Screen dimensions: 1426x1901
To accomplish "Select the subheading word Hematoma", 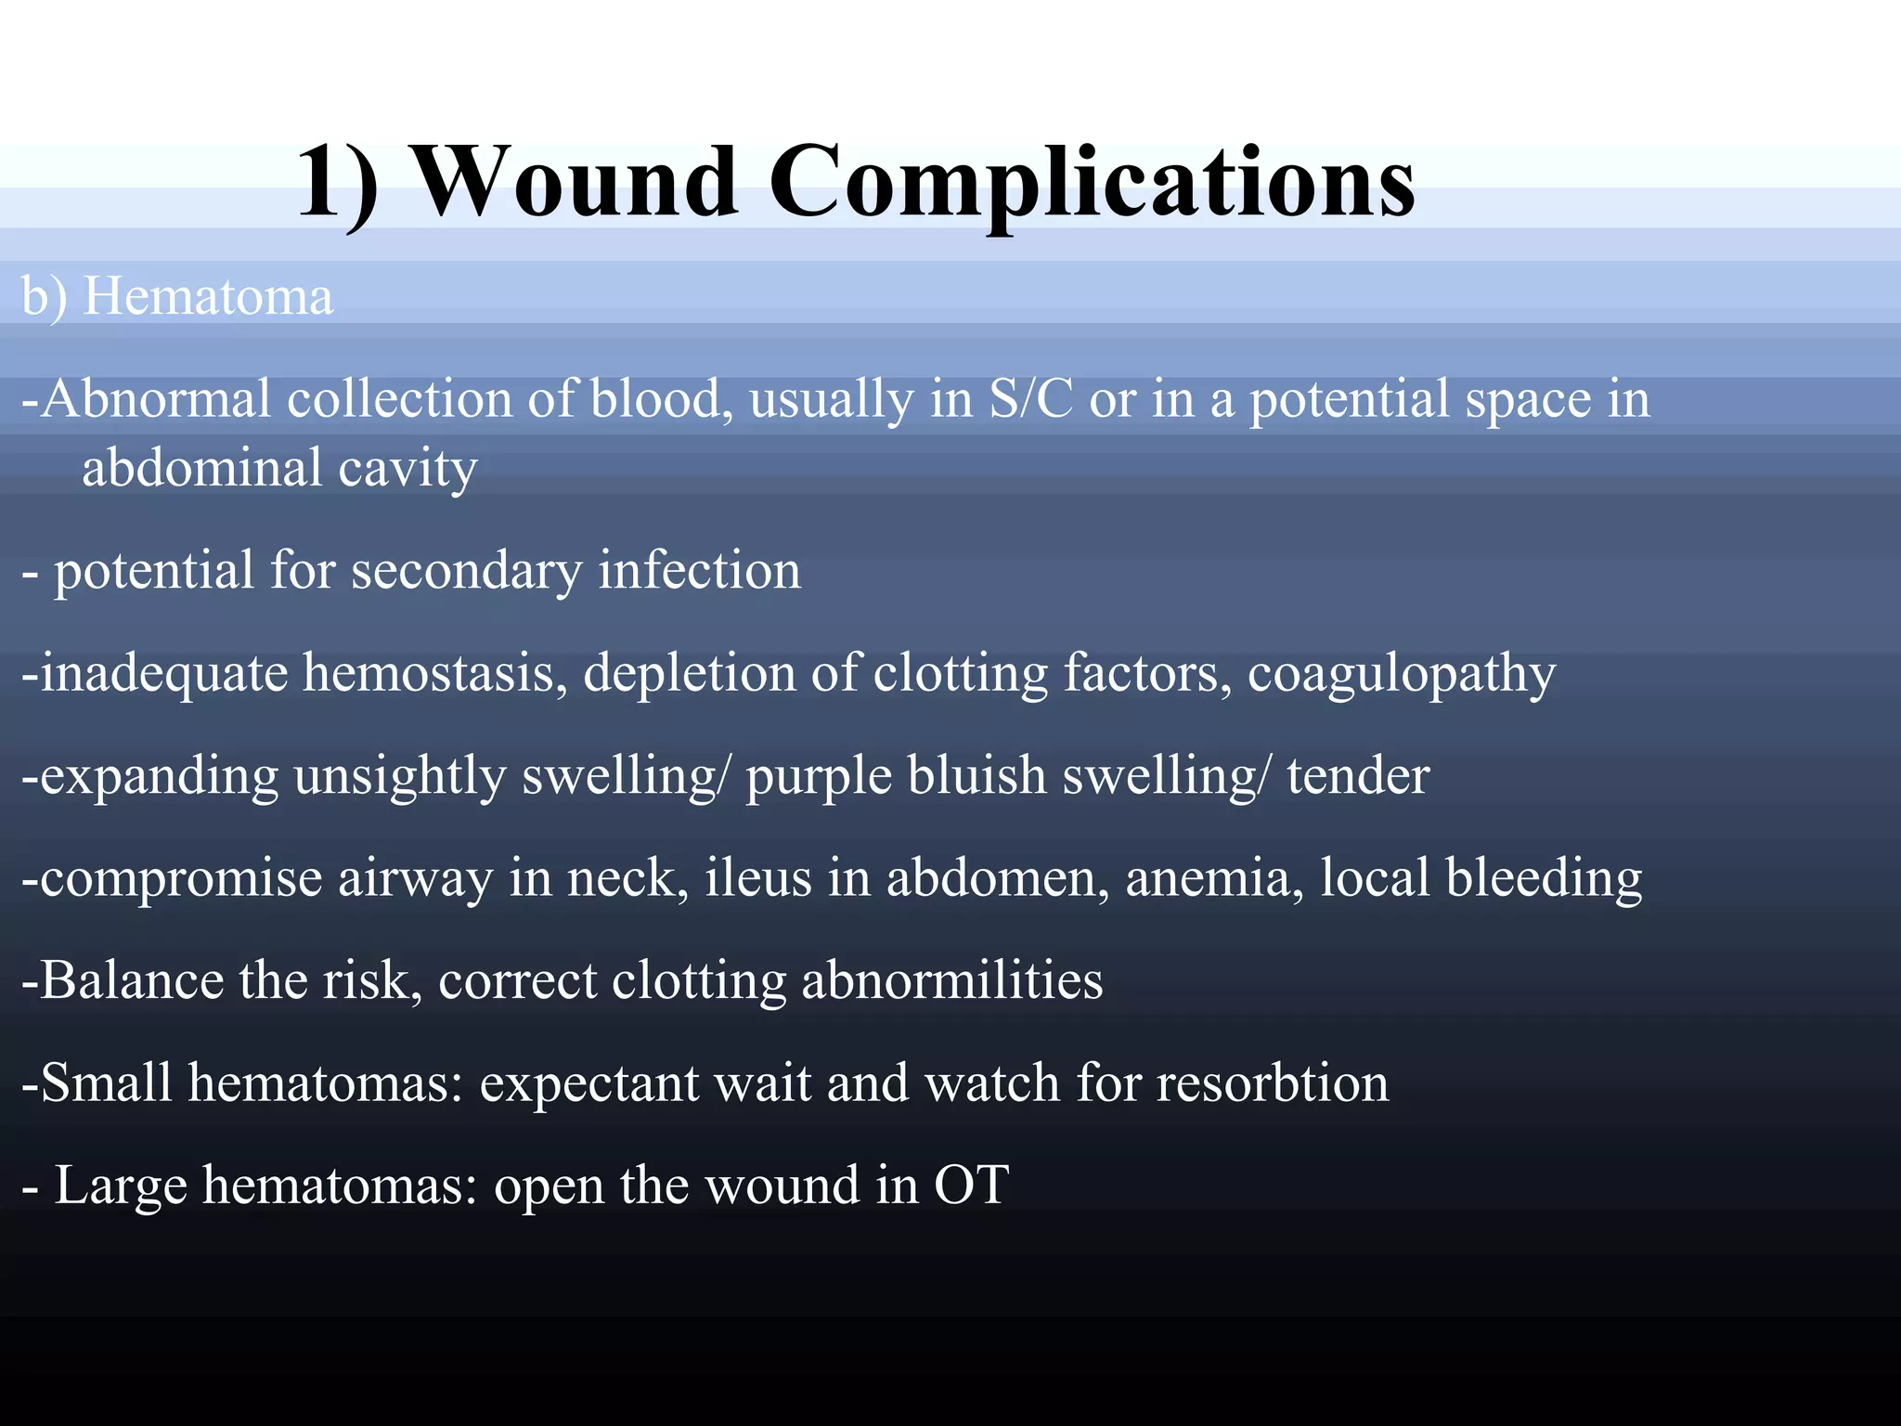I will (208, 297).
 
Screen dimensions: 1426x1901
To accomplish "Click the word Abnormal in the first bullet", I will (156, 399).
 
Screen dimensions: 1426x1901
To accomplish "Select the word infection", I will (699, 570).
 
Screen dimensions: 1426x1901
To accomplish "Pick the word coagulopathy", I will (1402, 674).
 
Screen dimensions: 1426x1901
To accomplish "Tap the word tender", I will (1358, 775).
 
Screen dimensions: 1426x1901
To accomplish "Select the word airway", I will (415, 878).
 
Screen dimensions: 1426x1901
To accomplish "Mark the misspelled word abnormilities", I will (952, 980).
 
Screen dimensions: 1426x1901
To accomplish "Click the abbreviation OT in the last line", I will (972, 1186).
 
